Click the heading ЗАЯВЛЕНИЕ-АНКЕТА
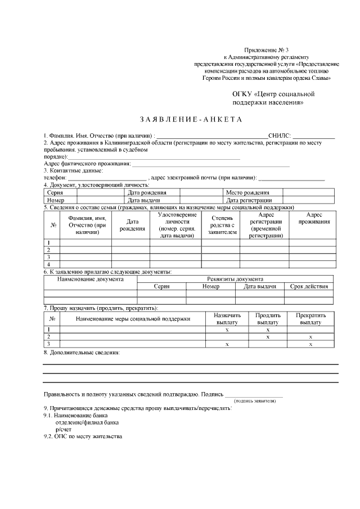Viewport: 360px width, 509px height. [x=190, y=120]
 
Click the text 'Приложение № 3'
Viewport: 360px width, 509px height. [x=267, y=51]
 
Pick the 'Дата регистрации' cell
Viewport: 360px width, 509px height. [x=249, y=200]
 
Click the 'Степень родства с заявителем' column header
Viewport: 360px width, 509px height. [x=220, y=224]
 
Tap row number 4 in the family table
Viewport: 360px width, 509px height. [x=49, y=264]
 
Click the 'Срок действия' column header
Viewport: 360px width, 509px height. [x=309, y=287]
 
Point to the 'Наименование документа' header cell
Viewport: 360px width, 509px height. [x=90, y=279]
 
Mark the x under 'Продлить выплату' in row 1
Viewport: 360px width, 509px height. [x=268, y=330]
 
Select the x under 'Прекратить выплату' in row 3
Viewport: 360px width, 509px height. [x=310, y=344]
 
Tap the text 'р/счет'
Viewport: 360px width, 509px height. [x=63, y=429]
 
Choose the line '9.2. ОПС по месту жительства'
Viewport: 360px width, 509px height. [x=83, y=437]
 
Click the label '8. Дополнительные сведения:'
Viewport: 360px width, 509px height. [x=82, y=353]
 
